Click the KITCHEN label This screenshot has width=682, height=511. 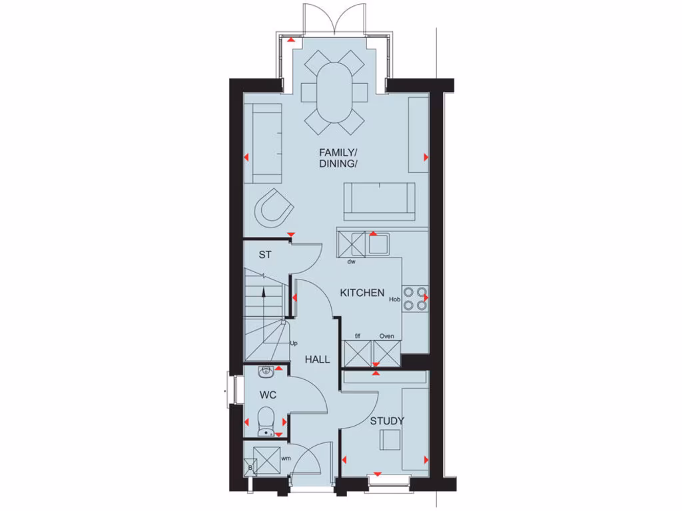(362, 293)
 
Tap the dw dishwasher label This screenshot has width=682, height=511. (351, 262)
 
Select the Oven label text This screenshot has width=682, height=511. (386, 336)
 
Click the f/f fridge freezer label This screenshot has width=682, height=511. (357, 336)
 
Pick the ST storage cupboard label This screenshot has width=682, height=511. (266, 254)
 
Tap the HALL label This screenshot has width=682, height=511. (318, 359)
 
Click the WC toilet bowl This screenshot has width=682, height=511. (266, 419)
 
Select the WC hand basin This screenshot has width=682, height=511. (265, 371)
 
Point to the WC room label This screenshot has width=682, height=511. (268, 395)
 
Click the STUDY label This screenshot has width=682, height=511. (387, 421)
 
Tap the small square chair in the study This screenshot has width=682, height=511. (390, 440)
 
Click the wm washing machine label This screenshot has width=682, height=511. (285, 458)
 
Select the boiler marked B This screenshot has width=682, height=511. (250, 468)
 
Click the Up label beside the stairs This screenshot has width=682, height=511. (293, 343)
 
